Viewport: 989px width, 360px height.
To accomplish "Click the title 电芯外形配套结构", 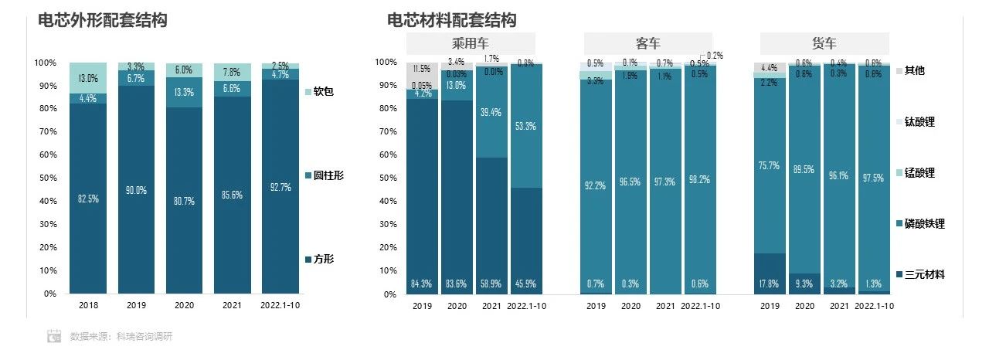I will tap(103, 21).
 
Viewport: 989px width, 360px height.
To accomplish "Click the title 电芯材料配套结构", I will tap(452, 21).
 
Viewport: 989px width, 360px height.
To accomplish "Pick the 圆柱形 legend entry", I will tap(328, 175).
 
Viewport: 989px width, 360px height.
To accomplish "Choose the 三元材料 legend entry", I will tap(925, 274).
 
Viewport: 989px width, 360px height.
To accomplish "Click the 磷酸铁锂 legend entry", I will tap(925, 224).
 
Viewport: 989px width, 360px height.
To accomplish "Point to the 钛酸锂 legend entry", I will tap(919, 122).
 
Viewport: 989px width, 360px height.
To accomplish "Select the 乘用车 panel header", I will tap(471, 43).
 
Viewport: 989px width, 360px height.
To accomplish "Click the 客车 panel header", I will tap(647, 43).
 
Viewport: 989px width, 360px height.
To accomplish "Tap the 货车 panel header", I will tap(824, 43).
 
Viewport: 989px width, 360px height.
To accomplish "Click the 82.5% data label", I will tap(88, 200).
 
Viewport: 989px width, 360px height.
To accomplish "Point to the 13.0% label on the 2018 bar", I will tap(88, 78).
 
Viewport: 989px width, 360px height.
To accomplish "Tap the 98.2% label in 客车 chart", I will tap(702, 179).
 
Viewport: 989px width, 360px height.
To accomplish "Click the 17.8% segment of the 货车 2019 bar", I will tap(768, 273).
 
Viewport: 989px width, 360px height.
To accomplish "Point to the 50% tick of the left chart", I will tap(46, 178).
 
